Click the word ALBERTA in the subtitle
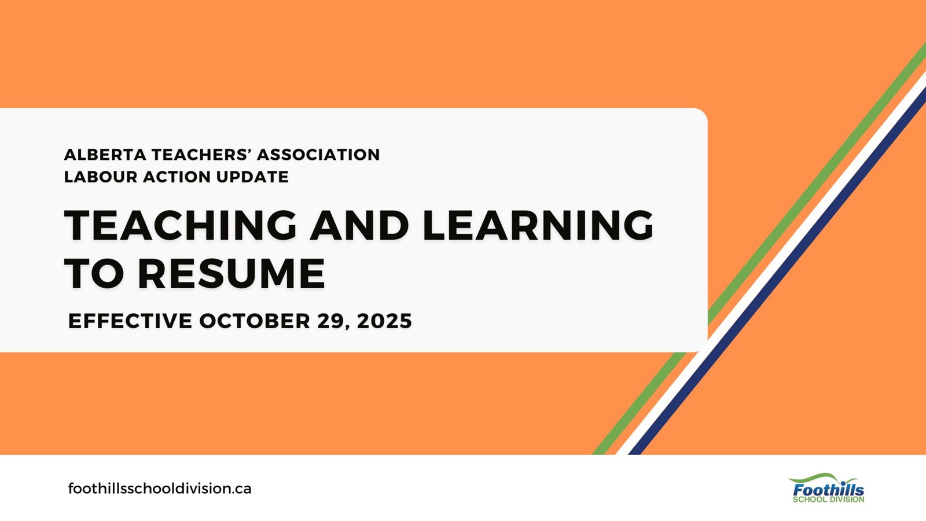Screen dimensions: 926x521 coord(105,155)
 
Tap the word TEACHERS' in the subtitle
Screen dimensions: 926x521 coord(201,155)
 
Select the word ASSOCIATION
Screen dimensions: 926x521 coord(318,155)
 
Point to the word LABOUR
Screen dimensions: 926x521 coord(101,177)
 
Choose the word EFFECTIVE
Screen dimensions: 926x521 coord(130,321)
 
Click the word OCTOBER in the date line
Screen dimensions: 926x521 coord(255,321)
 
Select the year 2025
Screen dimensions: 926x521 coord(384,321)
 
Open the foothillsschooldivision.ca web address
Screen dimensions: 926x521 coord(160,489)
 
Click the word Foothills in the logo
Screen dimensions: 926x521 coord(828,490)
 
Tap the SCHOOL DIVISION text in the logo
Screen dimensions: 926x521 coord(828,500)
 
